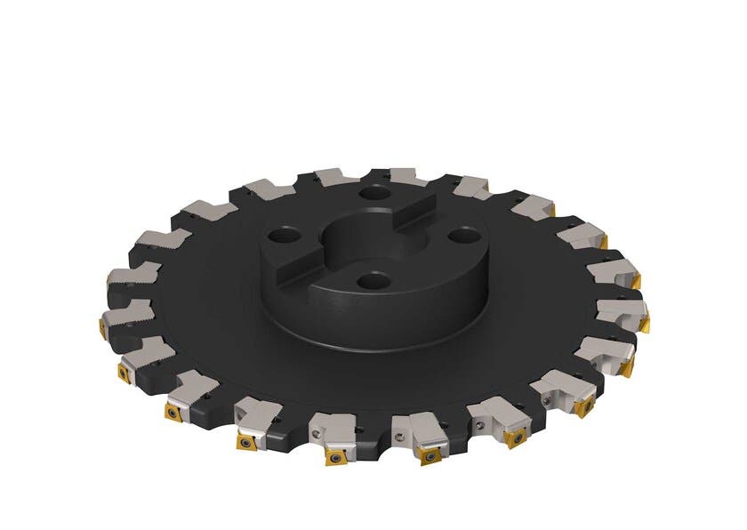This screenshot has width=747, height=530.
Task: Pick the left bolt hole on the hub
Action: (287, 237)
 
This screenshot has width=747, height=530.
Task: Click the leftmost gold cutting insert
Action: (100, 318)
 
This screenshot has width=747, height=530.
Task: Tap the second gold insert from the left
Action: (119, 369)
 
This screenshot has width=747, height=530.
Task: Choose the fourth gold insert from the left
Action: (241, 440)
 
